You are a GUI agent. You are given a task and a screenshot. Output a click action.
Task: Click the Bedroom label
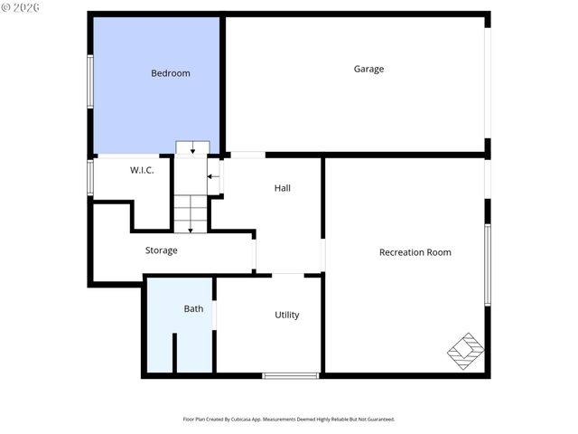pyautogui.click(x=170, y=73)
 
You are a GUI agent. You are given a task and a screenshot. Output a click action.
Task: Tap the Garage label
pyautogui.click(x=368, y=69)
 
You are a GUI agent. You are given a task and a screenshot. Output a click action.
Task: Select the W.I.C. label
pyautogui.click(x=142, y=170)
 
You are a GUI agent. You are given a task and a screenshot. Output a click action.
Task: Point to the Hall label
pyautogui.click(x=283, y=188)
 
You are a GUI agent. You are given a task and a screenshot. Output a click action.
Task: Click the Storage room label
pyautogui.click(x=161, y=250)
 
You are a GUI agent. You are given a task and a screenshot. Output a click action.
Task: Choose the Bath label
pyautogui.click(x=193, y=308)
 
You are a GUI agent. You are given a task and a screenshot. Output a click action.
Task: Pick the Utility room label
pyautogui.click(x=287, y=315)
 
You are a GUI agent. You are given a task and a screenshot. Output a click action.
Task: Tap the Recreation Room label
pyautogui.click(x=415, y=252)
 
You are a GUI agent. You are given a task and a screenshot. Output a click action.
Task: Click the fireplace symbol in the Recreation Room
pyautogui.click(x=466, y=351)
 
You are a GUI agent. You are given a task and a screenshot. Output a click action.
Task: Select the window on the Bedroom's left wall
pyautogui.click(x=89, y=83)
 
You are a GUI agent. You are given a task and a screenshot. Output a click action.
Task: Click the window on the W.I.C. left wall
pyautogui.click(x=90, y=176)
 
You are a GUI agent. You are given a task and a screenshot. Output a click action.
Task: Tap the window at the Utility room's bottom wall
pyautogui.click(x=290, y=375)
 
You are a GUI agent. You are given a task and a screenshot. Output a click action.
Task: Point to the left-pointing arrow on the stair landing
pyautogui.click(x=213, y=177)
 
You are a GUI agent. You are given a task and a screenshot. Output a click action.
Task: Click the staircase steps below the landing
pyautogui.click(x=191, y=213)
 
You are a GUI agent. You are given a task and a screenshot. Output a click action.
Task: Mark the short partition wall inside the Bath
pyautogui.click(x=173, y=352)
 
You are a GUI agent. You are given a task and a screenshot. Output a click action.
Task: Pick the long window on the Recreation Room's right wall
pyautogui.click(x=488, y=264)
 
